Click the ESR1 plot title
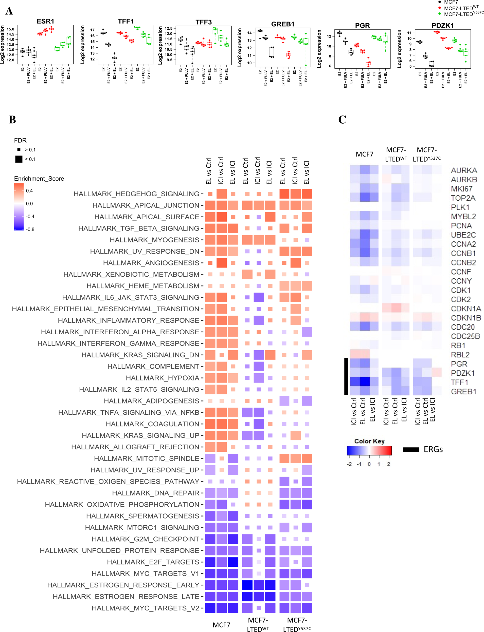pyautogui.click(x=45, y=21)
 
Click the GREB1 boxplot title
pyautogui.click(x=283, y=24)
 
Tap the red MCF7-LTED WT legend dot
pyautogui.click(x=439, y=8)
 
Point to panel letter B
pyautogui.click(x=12, y=120)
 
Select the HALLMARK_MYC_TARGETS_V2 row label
pyautogui.click(x=145, y=608)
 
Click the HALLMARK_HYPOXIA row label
pyautogui.click(x=163, y=378)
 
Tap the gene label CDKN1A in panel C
pyautogui.click(x=465, y=309)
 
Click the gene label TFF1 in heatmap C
pyautogui.click(x=459, y=382)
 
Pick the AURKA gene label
pyautogui.click(x=464, y=170)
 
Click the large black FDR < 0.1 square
pyautogui.click(x=19, y=159)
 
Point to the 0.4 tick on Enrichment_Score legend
pyautogui.click(x=29, y=191)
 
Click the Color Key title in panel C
pyautogui.click(x=369, y=441)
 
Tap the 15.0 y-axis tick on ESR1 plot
pyautogui.click(x=10, y=29)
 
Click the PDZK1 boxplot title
pyautogui.click(x=442, y=26)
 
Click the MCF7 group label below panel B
pyautogui.click(x=221, y=625)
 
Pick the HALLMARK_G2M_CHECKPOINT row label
pyautogui.click(x=145, y=539)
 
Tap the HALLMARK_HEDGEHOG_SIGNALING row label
pyautogui.click(x=136, y=194)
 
